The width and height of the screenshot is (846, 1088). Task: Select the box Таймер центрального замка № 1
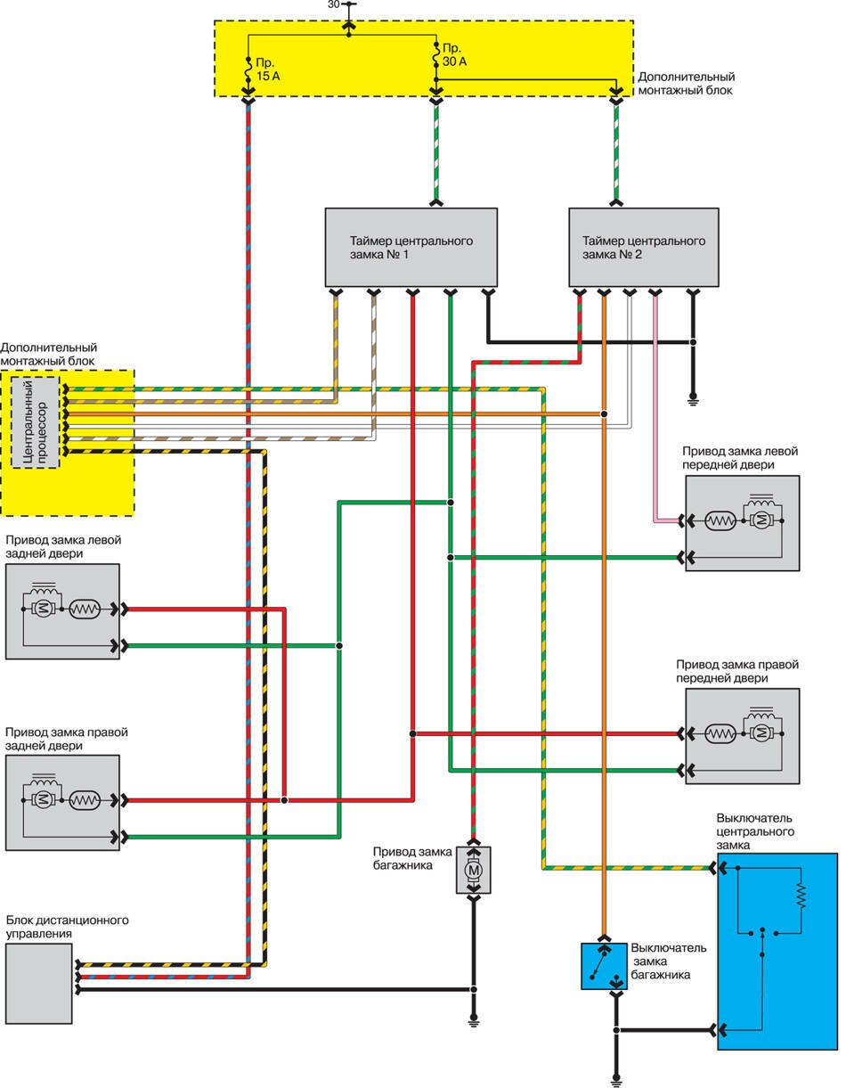click(411, 247)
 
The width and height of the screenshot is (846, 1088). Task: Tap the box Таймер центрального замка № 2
click(643, 247)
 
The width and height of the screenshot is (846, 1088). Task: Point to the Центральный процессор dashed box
click(36, 421)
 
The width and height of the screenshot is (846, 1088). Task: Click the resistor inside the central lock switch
click(800, 895)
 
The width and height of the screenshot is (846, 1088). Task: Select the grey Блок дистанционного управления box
click(38, 983)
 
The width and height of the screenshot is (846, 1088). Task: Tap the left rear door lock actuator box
click(62, 610)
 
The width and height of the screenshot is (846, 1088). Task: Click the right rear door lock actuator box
click(62, 802)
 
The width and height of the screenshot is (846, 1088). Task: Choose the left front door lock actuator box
click(742, 522)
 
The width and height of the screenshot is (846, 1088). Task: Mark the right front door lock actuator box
click(742, 736)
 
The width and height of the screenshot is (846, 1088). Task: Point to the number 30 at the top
click(333, 4)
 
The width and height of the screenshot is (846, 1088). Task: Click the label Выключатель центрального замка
click(753, 830)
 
